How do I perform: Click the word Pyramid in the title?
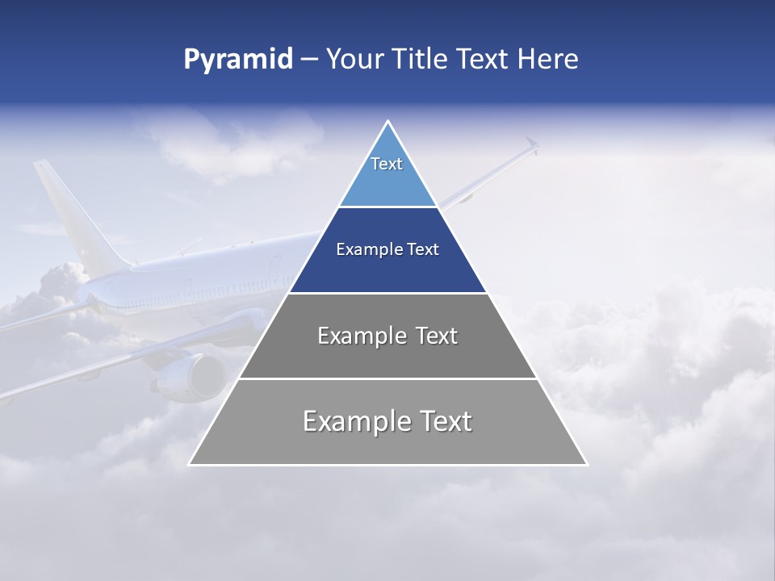tap(238, 60)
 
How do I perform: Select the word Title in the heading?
tap(418, 60)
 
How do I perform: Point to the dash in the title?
tap(308, 60)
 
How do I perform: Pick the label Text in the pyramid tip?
tap(387, 164)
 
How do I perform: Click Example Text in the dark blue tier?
tap(387, 249)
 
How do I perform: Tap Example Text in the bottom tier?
tap(387, 421)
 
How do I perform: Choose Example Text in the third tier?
tap(387, 336)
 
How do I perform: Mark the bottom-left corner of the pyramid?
tap(190, 464)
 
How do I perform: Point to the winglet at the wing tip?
tap(530, 144)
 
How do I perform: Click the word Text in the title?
tap(483, 60)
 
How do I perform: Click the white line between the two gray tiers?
tap(387, 378)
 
